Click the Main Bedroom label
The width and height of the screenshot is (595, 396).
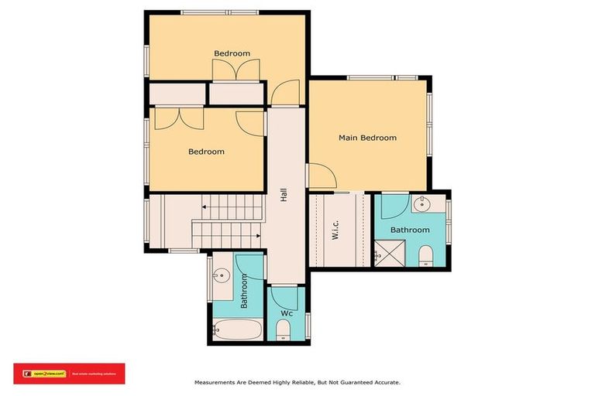pos(367,138)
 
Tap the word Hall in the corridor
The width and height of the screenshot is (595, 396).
pos(284,197)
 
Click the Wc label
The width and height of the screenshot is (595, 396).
pos(287,313)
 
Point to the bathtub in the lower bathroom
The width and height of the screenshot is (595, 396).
pos(238,330)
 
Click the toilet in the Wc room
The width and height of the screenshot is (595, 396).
pos(283,330)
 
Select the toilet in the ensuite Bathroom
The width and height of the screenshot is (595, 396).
pos(425,255)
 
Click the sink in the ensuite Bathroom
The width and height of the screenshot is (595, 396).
pos(423,205)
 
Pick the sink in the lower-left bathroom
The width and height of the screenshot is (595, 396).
pos(222,274)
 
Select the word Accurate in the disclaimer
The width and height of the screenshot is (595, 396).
pos(385,382)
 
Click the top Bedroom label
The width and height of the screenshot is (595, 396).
pos(232,53)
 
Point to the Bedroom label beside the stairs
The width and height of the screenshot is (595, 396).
pos(206,152)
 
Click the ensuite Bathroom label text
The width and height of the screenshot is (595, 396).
pos(409,230)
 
